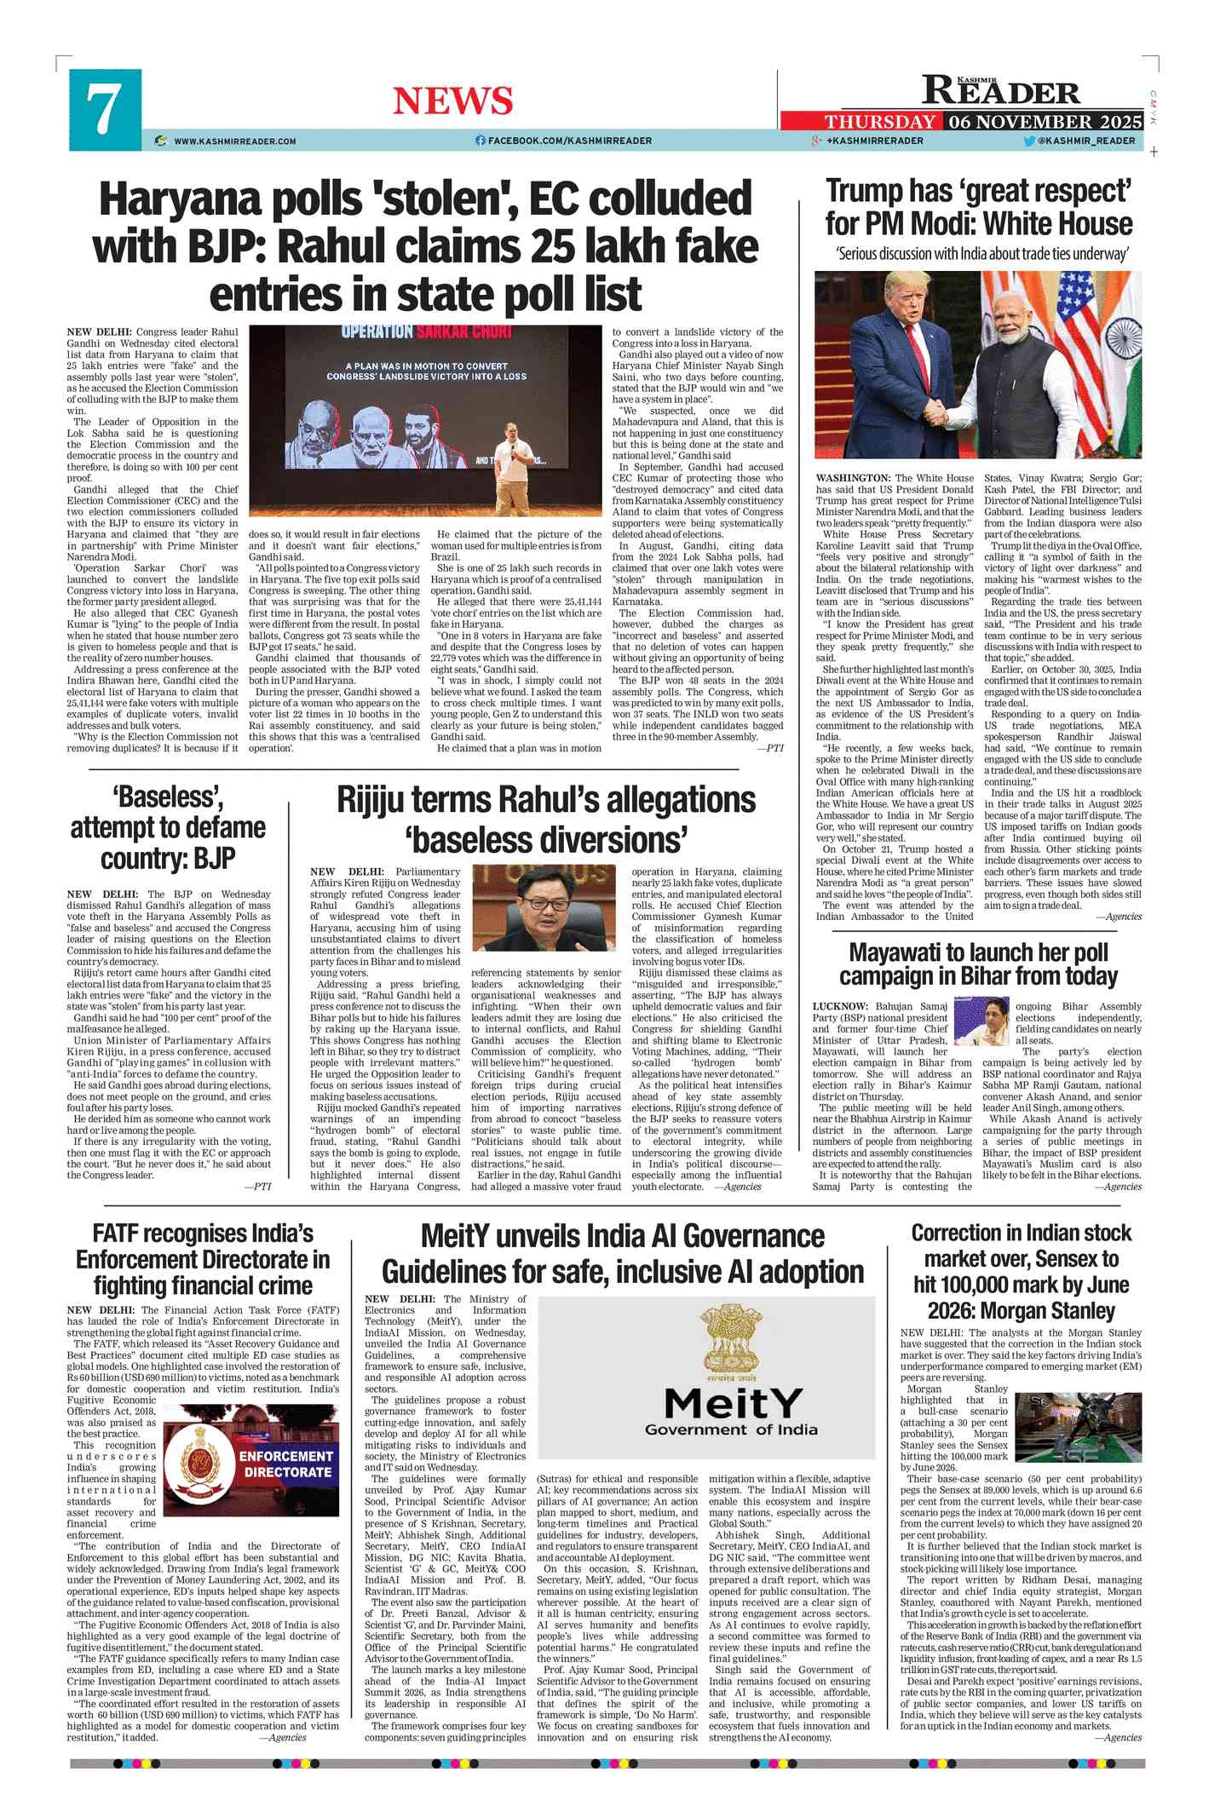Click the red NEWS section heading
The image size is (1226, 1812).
point(452,101)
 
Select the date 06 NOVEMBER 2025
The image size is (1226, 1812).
point(1045,122)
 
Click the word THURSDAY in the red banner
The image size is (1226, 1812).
point(879,122)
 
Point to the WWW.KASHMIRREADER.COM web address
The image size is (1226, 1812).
point(234,141)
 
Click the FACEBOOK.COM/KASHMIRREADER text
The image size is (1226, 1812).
point(569,141)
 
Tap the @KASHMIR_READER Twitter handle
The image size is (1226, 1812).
point(1085,141)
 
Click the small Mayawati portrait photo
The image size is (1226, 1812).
point(981,1021)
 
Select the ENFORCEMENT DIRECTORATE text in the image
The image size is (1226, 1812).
point(286,1464)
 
